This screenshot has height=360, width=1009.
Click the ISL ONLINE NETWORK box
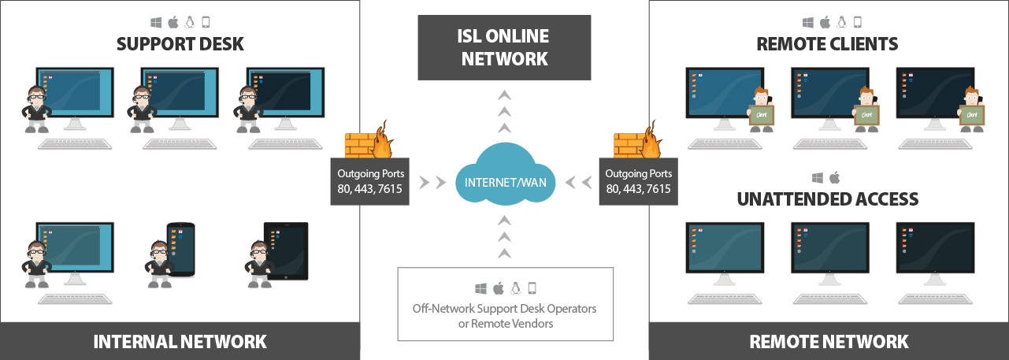point(504,47)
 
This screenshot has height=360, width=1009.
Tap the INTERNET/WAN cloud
point(504,184)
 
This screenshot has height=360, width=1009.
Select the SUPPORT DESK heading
point(180,44)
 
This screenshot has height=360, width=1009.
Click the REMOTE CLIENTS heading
point(827,44)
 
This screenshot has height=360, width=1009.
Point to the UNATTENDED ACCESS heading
point(827,199)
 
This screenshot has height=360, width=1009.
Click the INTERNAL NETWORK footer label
point(180,341)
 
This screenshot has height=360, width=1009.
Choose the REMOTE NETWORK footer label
point(829,341)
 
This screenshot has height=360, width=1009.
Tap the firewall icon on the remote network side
point(638,141)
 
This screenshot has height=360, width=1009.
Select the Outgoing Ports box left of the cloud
point(369,182)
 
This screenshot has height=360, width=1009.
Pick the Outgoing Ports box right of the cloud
point(639,182)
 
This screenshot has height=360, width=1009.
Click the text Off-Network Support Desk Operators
point(504,308)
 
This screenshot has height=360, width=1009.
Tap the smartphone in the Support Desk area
point(180,249)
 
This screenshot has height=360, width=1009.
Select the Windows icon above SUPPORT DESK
point(155,22)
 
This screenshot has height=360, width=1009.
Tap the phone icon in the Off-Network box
point(532,288)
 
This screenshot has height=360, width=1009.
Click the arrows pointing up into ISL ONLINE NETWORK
point(504,111)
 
